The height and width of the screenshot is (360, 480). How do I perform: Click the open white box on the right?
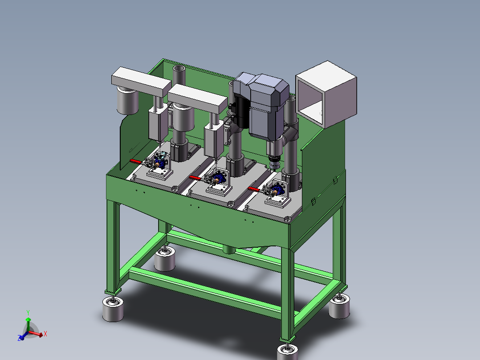tap(326, 94)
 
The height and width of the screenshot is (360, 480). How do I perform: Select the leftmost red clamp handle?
tap(135, 161)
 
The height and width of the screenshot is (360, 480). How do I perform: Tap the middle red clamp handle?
tap(195, 178)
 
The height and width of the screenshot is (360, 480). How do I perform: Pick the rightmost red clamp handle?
tap(253, 189)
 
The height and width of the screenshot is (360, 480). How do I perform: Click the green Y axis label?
tap(28, 312)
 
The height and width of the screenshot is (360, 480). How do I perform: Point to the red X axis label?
tap(45, 334)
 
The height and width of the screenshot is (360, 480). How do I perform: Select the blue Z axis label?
tap(19, 338)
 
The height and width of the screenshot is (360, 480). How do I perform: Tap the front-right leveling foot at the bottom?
tap(288, 351)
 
